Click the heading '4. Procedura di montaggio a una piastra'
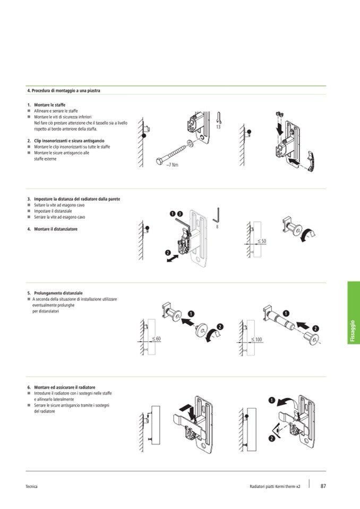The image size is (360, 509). point(63,91)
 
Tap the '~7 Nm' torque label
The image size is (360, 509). point(172,165)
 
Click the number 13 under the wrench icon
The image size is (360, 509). point(218,127)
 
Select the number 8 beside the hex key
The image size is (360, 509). point(218,227)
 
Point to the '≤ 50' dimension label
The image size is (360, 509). point(261,241)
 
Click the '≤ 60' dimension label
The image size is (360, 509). point(156,338)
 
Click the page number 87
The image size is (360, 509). point(323,486)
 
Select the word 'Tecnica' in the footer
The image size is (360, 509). point(31,486)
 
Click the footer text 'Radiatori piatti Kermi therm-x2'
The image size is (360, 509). point(275,486)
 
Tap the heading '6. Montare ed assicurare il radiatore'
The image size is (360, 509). point(65,387)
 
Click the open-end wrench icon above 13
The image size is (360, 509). point(219,117)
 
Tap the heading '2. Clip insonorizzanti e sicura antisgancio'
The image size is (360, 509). point(69,141)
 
